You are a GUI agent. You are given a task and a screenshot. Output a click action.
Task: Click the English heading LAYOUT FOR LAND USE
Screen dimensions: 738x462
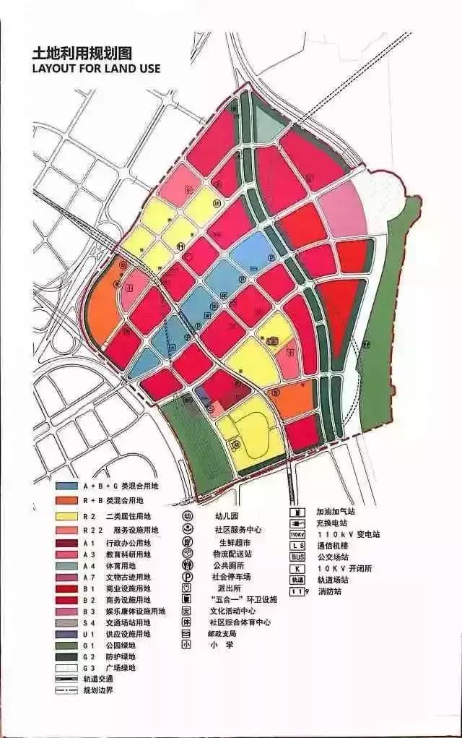(96, 69)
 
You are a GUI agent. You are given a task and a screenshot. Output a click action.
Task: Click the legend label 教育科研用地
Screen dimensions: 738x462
(127, 554)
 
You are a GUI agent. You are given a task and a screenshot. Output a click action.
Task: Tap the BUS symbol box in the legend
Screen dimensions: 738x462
(297, 557)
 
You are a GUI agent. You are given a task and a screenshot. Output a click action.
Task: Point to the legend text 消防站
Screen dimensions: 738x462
(329, 592)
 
